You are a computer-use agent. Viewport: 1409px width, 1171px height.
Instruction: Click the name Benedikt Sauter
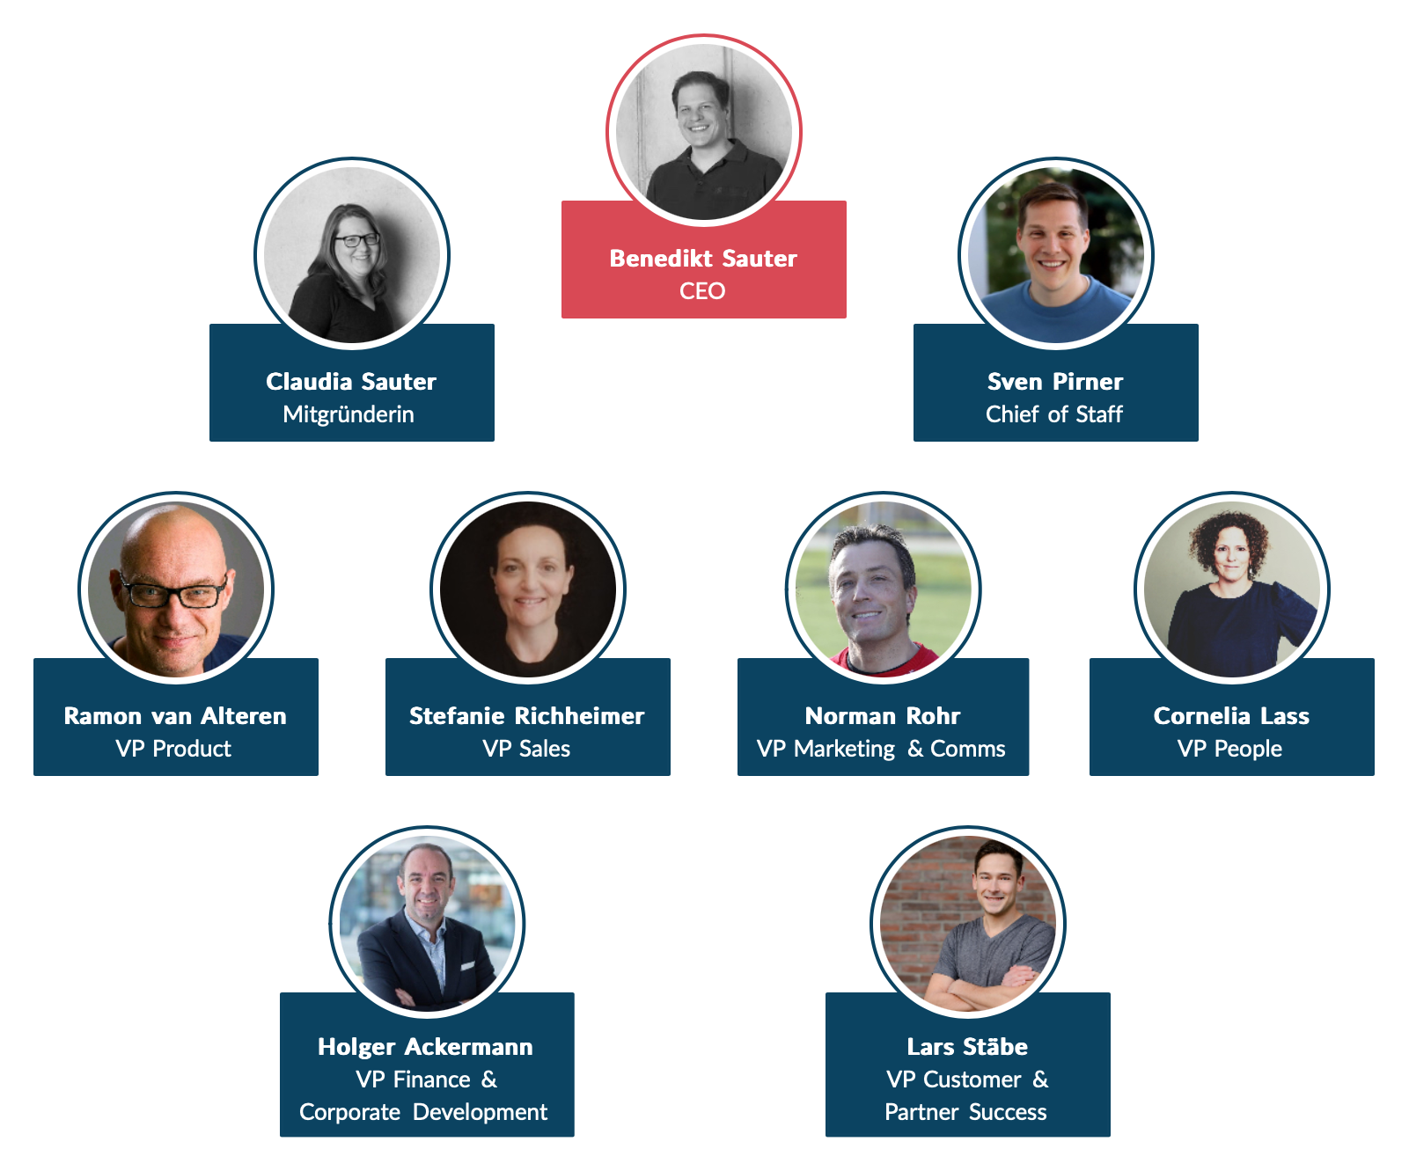tap(703, 259)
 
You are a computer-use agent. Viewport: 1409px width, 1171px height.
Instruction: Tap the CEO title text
tap(702, 291)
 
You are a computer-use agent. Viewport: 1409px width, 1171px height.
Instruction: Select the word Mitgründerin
tap(349, 414)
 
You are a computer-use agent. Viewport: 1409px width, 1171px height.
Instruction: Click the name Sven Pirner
tap(1055, 382)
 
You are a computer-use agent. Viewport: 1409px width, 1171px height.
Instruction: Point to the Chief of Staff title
tap(1054, 414)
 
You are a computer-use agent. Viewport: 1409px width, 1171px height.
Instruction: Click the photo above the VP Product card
tap(176, 589)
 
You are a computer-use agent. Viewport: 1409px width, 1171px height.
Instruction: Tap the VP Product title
tap(173, 749)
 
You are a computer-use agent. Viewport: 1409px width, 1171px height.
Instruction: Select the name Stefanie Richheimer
tap(527, 716)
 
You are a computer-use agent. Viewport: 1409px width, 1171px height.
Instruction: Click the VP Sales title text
tap(526, 749)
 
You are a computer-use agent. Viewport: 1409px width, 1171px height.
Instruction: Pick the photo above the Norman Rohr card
tap(883, 589)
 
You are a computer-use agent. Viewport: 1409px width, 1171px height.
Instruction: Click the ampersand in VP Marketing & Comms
tap(915, 749)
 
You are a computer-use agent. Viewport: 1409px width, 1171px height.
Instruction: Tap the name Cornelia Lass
tap(1231, 716)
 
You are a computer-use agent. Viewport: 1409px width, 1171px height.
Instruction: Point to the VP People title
tap(1229, 749)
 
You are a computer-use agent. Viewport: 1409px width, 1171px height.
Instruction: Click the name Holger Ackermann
tap(425, 1047)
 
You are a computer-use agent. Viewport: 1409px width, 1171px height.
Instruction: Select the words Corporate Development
tap(423, 1112)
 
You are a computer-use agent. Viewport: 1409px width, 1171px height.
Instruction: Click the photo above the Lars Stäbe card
tap(968, 923)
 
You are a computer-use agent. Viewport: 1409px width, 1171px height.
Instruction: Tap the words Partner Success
tap(965, 1112)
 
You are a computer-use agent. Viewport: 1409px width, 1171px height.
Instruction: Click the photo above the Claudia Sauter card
tap(352, 254)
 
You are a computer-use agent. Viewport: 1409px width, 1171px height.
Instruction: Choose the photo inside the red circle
tap(704, 131)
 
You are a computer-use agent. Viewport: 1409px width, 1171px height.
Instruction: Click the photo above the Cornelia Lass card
tap(1232, 589)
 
